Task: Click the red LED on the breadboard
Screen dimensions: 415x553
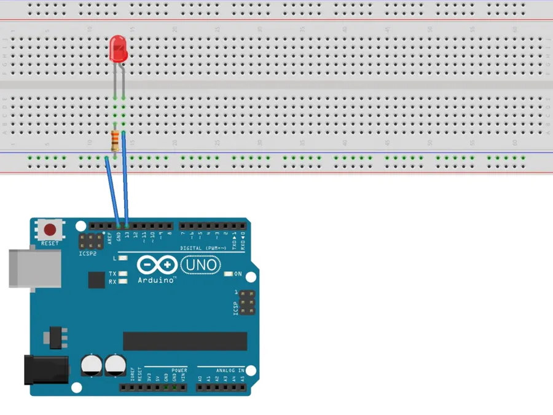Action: (118, 49)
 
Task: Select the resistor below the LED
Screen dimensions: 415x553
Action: (115, 142)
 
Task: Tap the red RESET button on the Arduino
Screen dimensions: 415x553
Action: (50, 231)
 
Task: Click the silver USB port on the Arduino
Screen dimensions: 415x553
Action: (34, 268)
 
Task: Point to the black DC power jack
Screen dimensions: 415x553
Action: (45, 370)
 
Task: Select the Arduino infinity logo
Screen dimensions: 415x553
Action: (157, 266)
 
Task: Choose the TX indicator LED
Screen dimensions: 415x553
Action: (123, 274)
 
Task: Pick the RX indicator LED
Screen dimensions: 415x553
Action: (123, 282)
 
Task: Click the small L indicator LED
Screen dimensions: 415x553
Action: (123, 258)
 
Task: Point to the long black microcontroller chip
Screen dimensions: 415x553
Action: (185, 341)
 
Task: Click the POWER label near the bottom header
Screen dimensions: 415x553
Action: (179, 371)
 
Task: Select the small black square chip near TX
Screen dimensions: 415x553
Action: (97, 280)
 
